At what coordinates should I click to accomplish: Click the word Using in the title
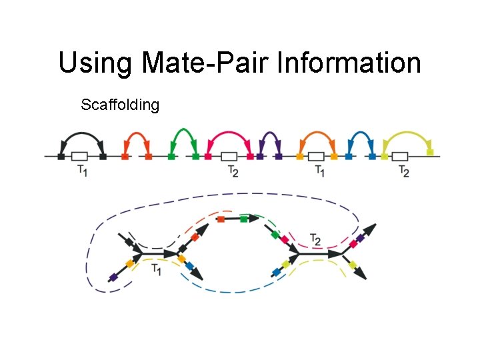[95, 63]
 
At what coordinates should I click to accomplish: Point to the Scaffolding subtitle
[120, 105]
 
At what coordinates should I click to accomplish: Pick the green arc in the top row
[183, 131]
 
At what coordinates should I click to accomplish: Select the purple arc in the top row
[269, 135]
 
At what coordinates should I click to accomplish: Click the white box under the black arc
[80, 157]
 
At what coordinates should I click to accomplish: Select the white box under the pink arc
[229, 157]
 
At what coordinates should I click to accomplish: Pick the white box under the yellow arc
[400, 157]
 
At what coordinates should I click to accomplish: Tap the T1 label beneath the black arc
[81, 171]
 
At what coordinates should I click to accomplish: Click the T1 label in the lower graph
[155, 269]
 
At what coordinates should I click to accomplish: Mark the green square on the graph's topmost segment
[244, 218]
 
